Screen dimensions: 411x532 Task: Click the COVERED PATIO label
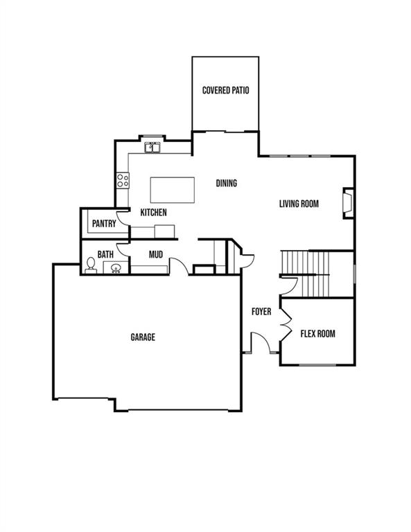[226, 90]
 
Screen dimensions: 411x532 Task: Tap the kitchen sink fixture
[152, 148]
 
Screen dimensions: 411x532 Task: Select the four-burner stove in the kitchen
[123, 180]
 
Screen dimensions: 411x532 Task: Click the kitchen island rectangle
[173, 190]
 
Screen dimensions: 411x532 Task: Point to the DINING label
[227, 183]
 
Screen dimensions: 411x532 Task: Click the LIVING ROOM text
[299, 204]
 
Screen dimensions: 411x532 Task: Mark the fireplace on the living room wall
[348, 203]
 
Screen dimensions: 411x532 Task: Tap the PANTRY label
[104, 224]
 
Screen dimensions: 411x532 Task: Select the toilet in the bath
[91, 265]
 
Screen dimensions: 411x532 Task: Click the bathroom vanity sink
[116, 267]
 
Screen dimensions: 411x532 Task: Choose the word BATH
[105, 254]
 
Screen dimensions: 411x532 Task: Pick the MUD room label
[156, 254]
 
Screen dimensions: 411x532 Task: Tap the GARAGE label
[143, 337]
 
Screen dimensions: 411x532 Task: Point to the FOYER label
[261, 312]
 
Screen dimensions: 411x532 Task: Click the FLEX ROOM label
[317, 334]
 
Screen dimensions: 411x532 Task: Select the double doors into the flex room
[287, 326]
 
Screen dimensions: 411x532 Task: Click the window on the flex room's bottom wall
[317, 365]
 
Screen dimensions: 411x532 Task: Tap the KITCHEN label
[153, 213]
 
